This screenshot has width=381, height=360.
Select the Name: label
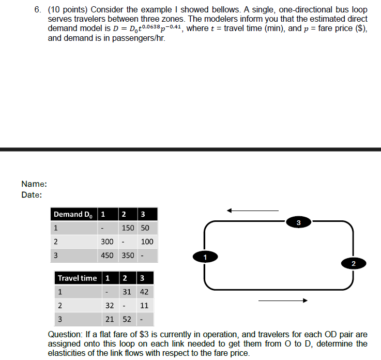(34, 184)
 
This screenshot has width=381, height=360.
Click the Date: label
(32, 195)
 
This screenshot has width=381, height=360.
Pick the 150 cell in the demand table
(127, 228)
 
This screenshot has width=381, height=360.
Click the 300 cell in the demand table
(107, 242)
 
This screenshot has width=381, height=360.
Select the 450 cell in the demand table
(107, 255)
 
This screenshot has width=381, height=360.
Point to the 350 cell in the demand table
(127, 255)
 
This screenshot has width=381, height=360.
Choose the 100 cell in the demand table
(147, 242)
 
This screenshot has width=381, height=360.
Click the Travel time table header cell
(77, 278)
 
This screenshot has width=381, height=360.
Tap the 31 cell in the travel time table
(127, 292)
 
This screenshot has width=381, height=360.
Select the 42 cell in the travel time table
(144, 292)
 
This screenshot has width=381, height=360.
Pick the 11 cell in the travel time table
(144, 305)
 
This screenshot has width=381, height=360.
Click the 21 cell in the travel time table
(110, 319)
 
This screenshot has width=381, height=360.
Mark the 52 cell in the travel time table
(127, 319)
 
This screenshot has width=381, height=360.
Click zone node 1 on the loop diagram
(205, 256)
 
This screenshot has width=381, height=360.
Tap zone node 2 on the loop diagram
(353, 264)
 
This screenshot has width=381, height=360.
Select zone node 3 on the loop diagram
(298, 222)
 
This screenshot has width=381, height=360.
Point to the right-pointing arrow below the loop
(283, 300)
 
